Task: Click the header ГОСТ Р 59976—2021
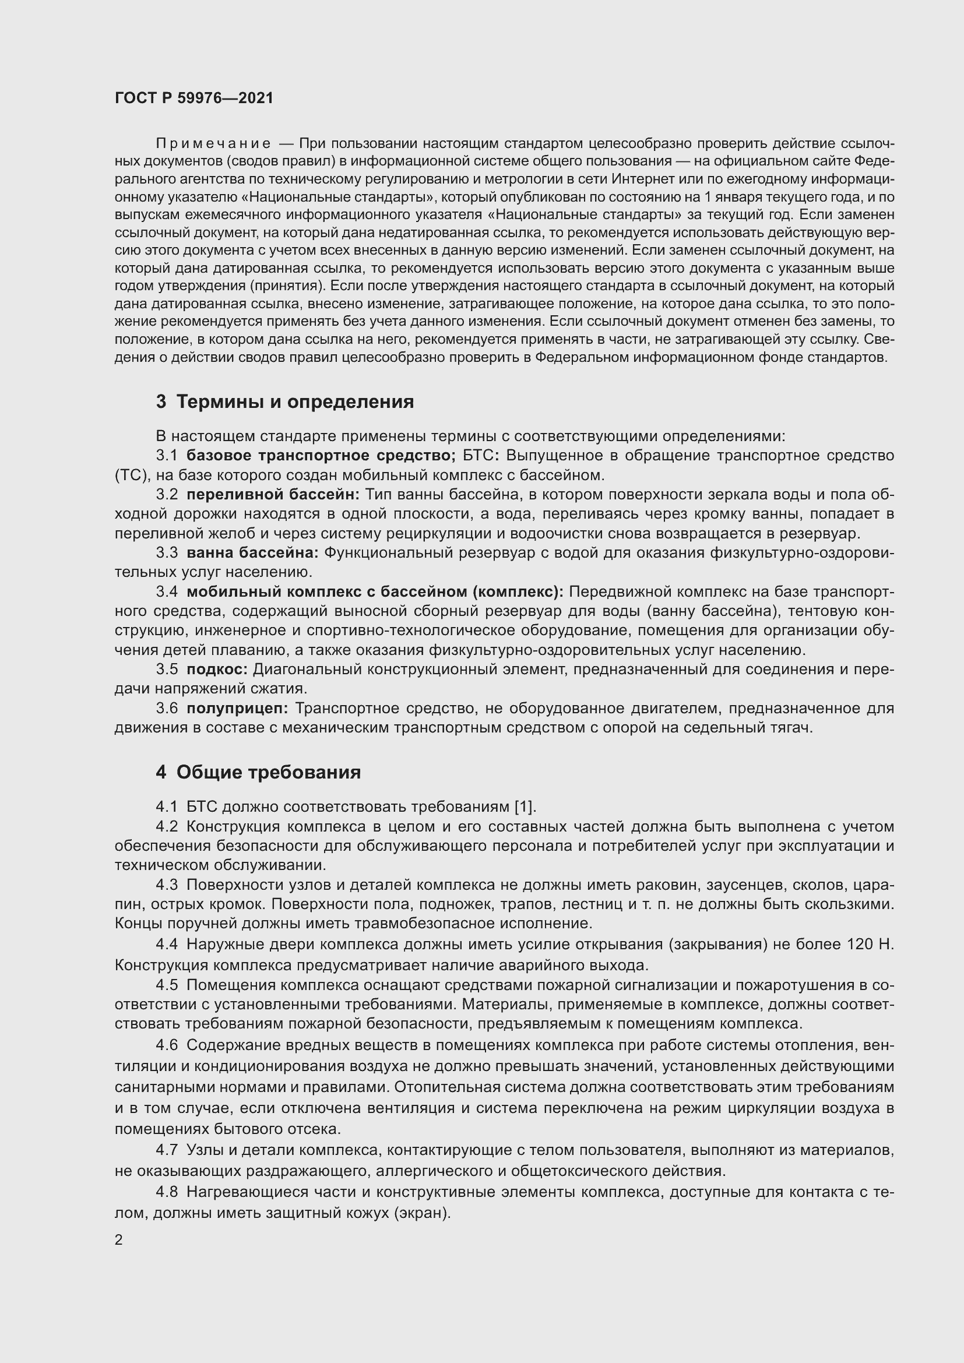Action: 194,98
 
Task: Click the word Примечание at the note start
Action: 213,144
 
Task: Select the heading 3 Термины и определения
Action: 285,402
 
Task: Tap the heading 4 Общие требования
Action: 258,772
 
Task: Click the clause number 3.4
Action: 167,592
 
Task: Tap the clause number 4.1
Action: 167,806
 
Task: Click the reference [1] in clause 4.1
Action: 525,806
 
